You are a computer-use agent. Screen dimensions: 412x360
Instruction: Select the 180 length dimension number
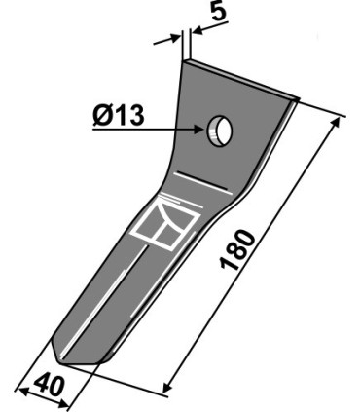tap(240, 255)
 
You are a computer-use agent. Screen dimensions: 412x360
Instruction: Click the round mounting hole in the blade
tap(217, 130)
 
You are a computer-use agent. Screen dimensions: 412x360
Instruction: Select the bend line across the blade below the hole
tap(209, 183)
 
